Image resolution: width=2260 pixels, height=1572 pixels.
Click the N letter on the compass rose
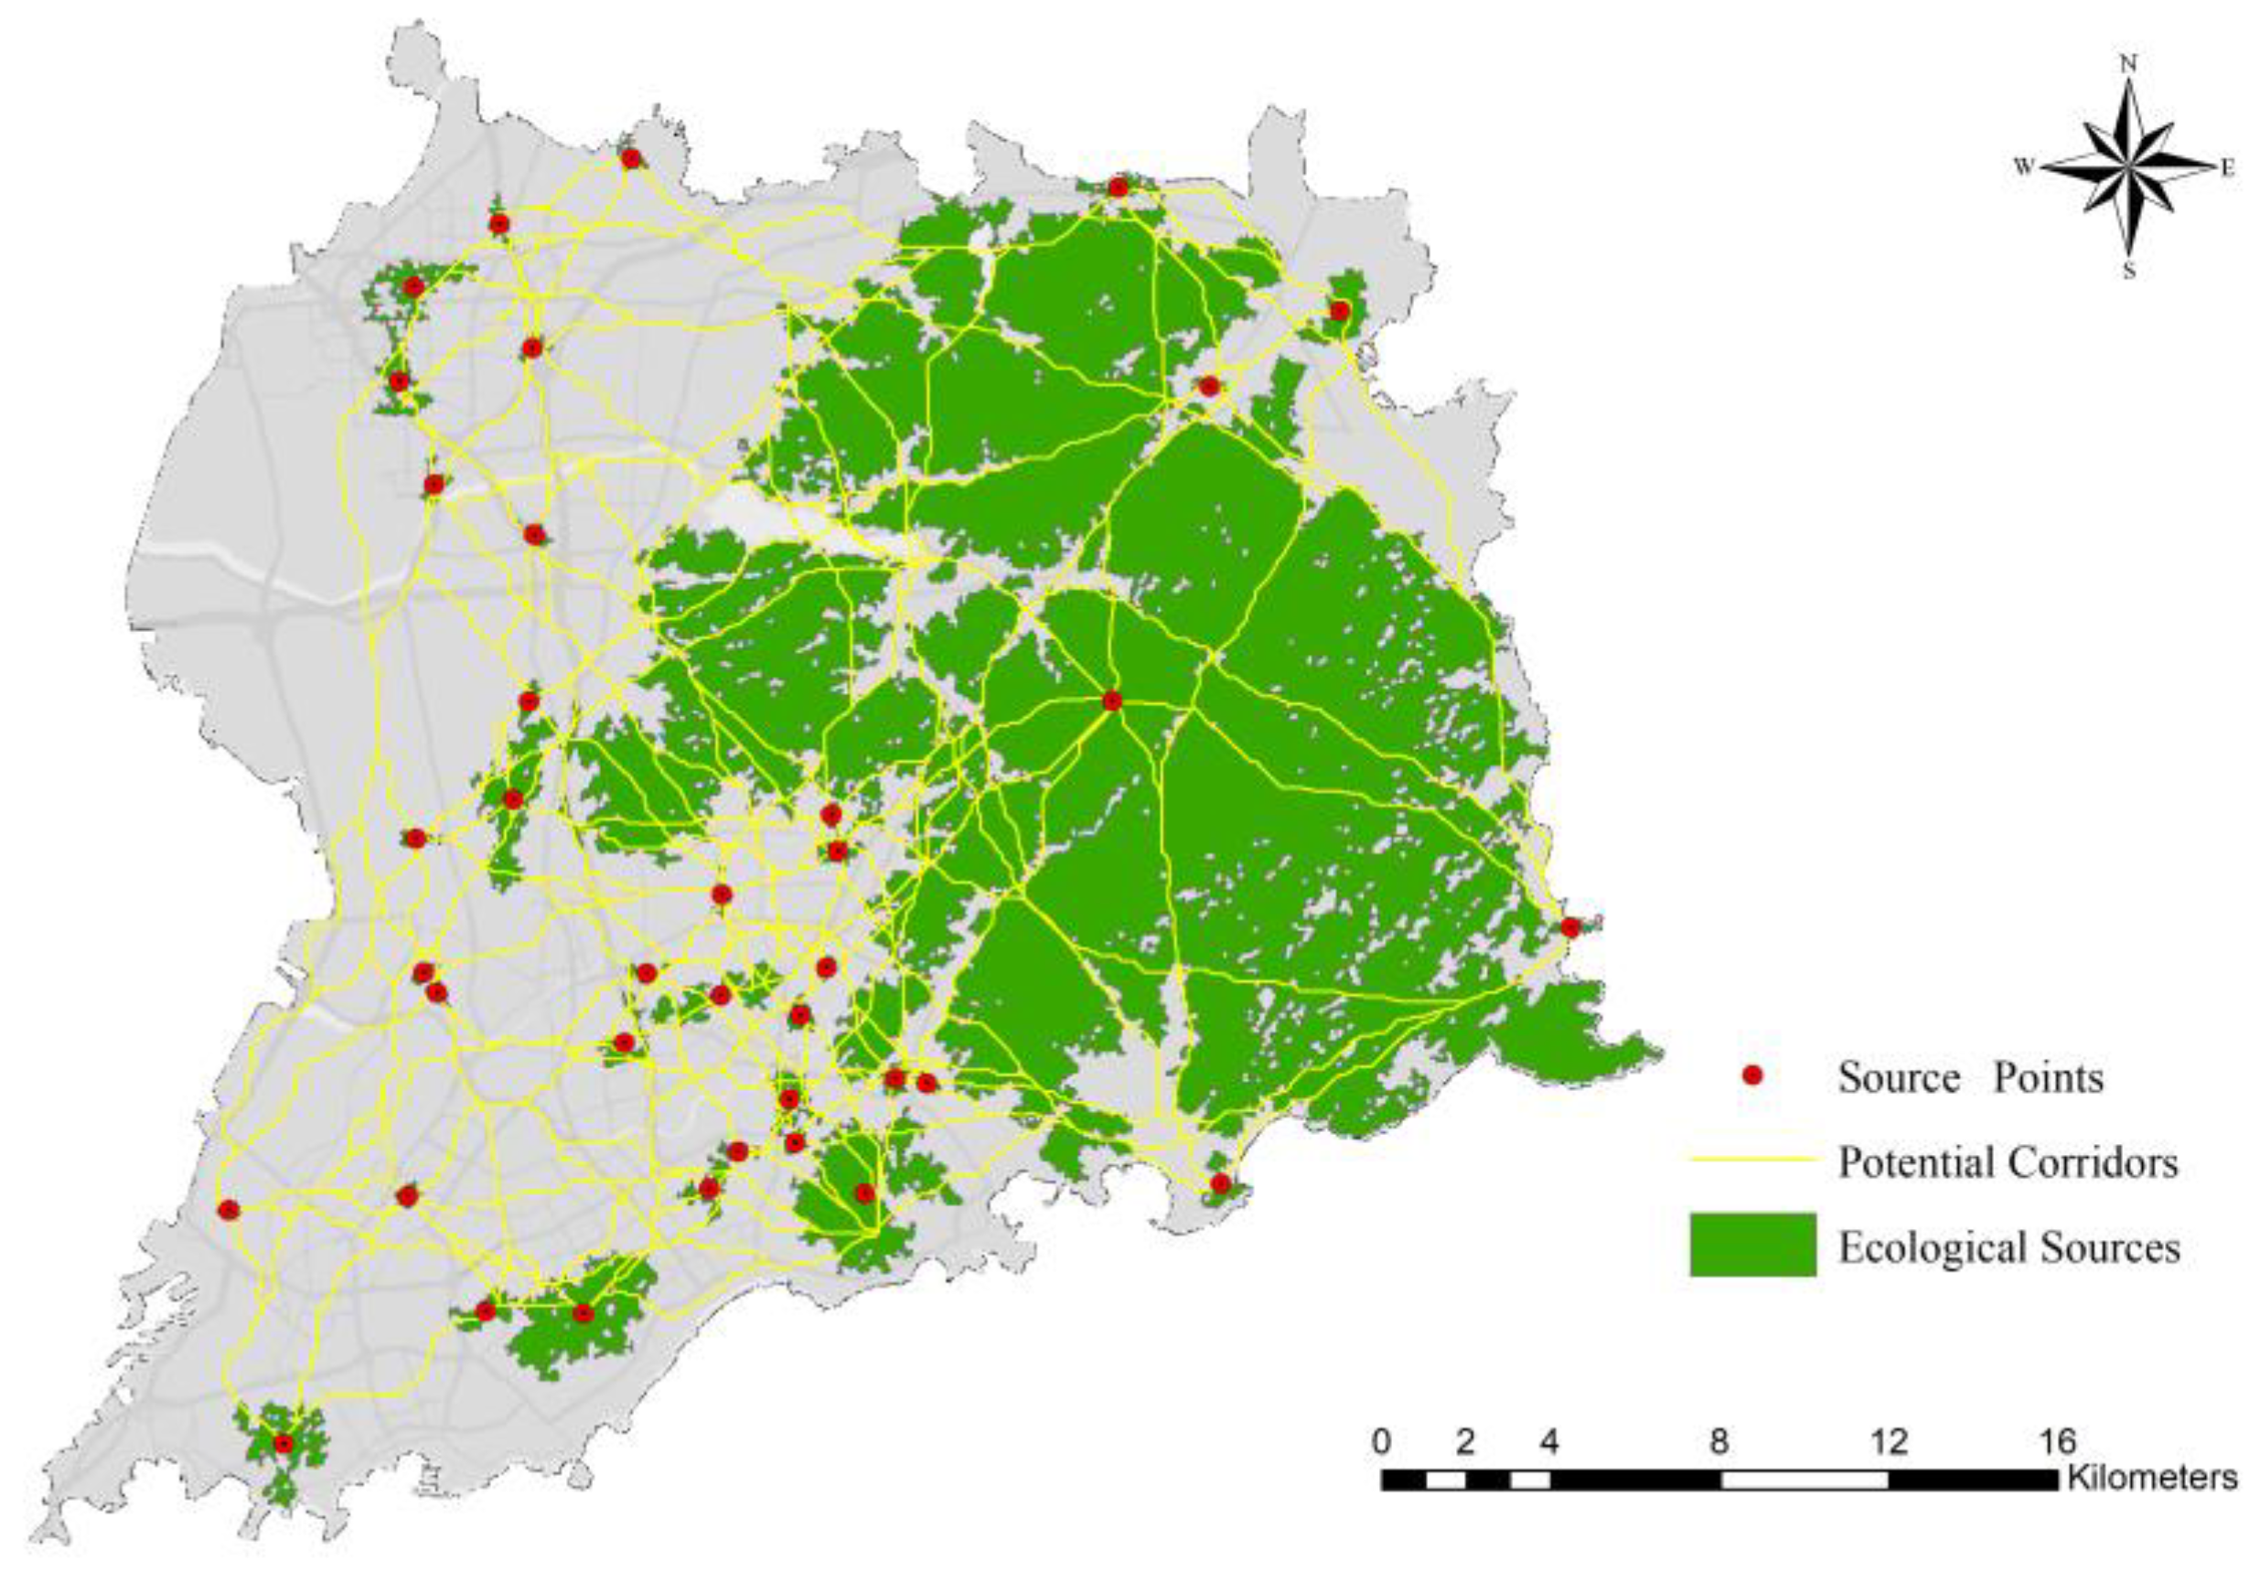pyautogui.click(x=2129, y=63)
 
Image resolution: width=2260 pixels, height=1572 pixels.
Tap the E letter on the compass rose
pyautogui.click(x=2226, y=168)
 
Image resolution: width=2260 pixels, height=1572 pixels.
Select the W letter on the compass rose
pyautogui.click(x=2024, y=167)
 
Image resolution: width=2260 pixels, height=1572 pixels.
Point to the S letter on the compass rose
pyautogui.click(x=2129, y=272)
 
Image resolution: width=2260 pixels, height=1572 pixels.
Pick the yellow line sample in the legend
pyautogui.click(x=1752, y=1160)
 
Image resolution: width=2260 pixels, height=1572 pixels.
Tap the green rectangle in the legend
pyautogui.click(x=1752, y=1246)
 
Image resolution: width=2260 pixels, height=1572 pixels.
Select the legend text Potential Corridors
pyautogui.click(x=2008, y=1162)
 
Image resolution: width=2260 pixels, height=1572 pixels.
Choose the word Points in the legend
pyautogui.click(x=2049, y=1078)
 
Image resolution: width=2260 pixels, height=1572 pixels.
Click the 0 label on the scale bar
pyautogui.click(x=1382, y=1443)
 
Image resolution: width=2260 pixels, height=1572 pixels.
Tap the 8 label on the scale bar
pyautogui.click(x=1719, y=1443)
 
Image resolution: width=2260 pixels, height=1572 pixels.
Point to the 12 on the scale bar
pyautogui.click(x=1888, y=1443)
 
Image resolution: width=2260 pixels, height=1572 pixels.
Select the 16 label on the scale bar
pyautogui.click(x=2056, y=1443)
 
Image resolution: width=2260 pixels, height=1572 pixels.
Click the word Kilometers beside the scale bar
pyautogui.click(x=2152, y=1478)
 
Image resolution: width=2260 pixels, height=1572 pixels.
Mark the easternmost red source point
pyautogui.click(x=1570, y=927)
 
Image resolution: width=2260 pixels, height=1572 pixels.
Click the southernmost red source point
pyautogui.click(x=284, y=1443)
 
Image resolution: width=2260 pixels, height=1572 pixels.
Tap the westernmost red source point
pyautogui.click(x=230, y=1209)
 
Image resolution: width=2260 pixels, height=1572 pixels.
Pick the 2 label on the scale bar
pyautogui.click(x=1465, y=1443)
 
